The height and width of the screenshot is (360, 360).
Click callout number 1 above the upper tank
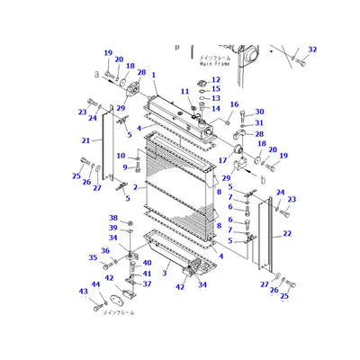(154, 75)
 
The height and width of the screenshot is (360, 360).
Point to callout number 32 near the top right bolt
(312, 49)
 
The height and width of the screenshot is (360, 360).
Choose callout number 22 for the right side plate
(287, 233)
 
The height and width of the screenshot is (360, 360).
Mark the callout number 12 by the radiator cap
(214, 80)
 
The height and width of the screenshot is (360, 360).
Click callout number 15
(214, 89)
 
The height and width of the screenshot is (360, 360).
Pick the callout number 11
(184, 92)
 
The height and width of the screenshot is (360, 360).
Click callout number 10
(121, 156)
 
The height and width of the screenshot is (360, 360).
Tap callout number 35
(93, 257)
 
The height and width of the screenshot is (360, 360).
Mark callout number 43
(84, 292)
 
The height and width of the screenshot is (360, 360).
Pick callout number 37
(148, 283)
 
